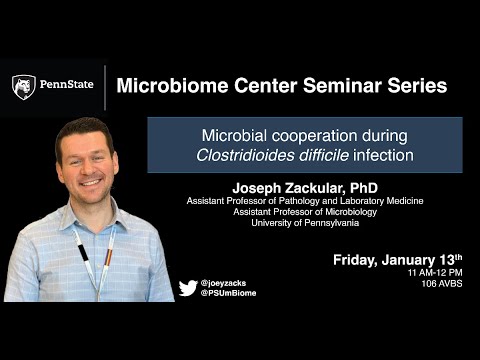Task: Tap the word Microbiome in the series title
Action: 175,85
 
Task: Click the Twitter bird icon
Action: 187,288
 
